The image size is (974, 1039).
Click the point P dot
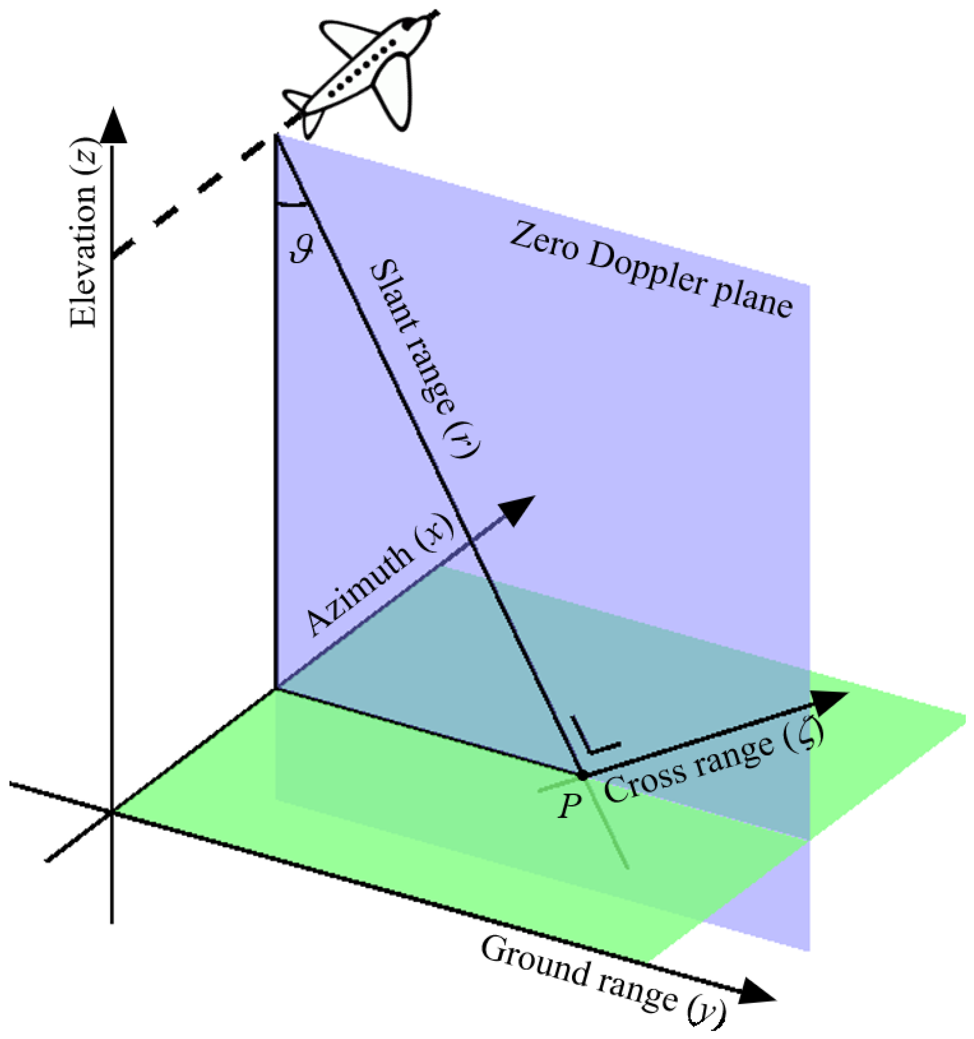(582, 775)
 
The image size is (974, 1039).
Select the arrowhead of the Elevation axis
(112, 125)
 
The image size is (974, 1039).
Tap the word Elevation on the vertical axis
(83, 261)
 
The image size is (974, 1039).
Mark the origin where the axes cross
(112, 812)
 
